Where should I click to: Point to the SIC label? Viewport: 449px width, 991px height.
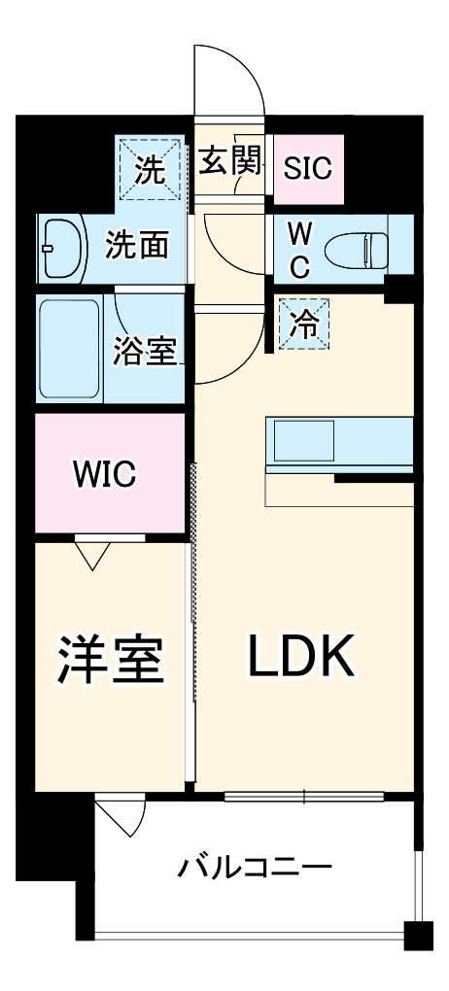coord(307,168)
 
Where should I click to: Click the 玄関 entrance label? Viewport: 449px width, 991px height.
coord(232,161)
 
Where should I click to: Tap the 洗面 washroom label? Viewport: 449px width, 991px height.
coord(137,244)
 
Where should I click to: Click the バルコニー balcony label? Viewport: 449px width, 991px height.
coord(255,867)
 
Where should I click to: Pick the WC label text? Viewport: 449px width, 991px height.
coord(299,251)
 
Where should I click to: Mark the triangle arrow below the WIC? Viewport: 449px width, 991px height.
coord(92,556)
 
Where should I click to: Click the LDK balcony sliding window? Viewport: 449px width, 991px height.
coord(303,797)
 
